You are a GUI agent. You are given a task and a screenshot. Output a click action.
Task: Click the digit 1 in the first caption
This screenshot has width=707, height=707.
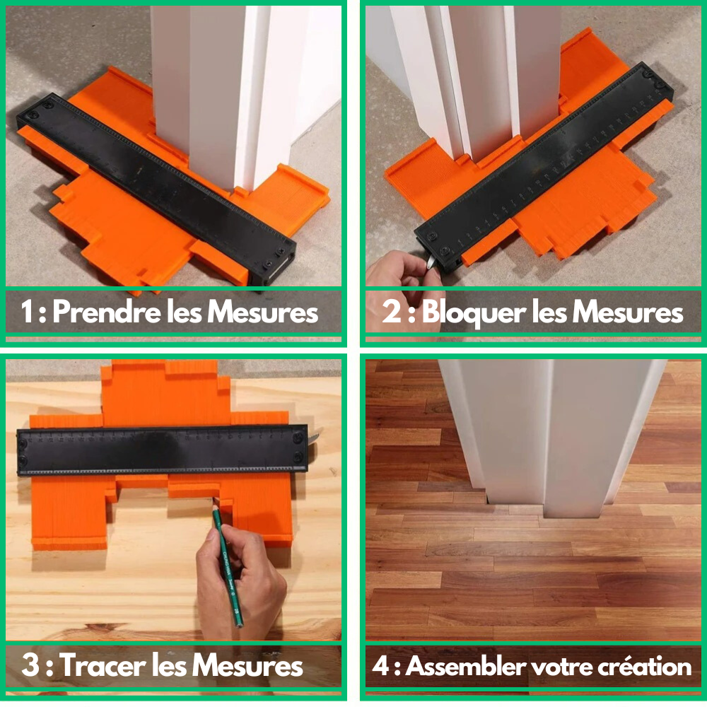click(x=28, y=312)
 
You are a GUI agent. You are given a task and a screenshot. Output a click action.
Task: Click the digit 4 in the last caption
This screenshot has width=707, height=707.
click(x=380, y=666)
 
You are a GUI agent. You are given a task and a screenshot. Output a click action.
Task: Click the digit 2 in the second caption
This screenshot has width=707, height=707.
click(x=392, y=312)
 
